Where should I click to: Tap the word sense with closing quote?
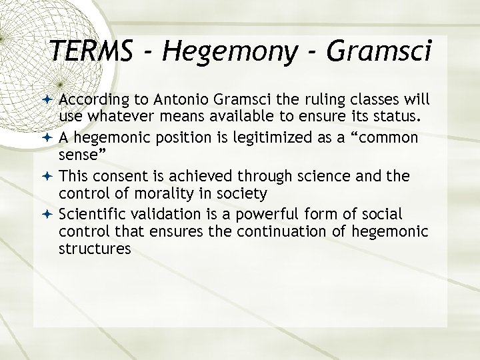[83, 157]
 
